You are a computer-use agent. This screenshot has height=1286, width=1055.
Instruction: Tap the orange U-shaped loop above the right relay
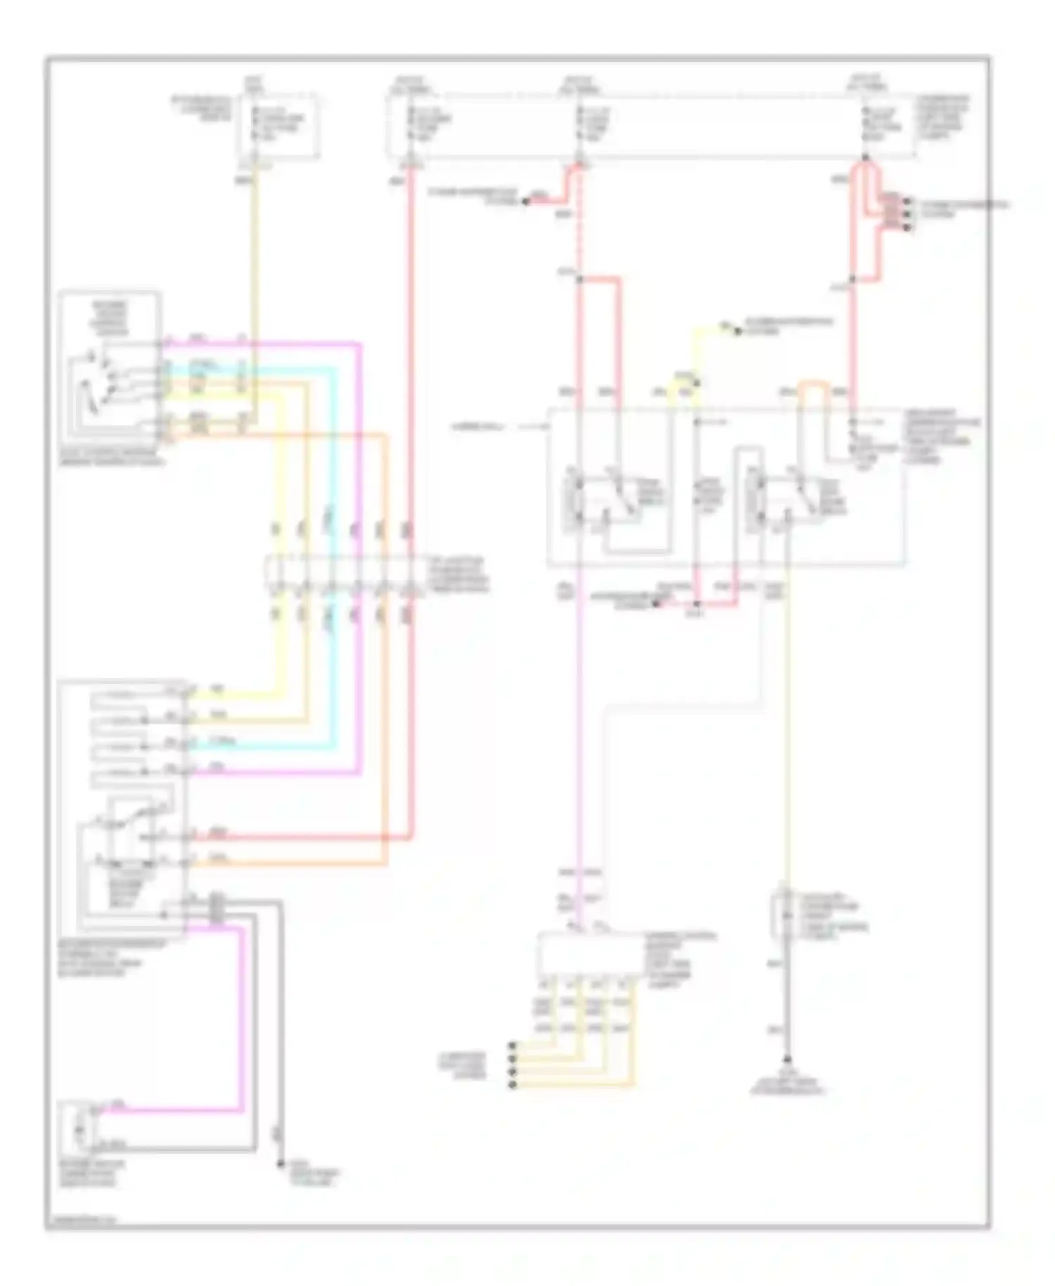point(811,390)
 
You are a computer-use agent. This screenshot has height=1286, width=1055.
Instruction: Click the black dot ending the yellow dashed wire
point(738,331)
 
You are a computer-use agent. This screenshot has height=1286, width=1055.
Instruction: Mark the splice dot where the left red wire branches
point(578,280)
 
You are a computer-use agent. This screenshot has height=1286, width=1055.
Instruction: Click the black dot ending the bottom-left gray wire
point(279,1163)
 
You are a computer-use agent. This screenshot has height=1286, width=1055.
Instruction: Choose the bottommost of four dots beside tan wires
point(513,1086)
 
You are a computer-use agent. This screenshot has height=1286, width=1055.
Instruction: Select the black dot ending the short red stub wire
point(525,203)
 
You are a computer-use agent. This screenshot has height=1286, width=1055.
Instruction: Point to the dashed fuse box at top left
point(279,127)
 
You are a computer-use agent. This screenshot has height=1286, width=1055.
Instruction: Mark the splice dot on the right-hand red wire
point(852,280)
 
